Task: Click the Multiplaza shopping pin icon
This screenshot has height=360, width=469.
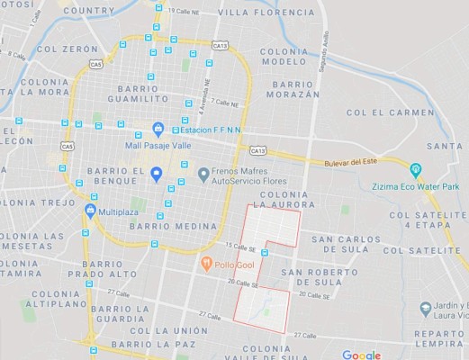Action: [90, 210]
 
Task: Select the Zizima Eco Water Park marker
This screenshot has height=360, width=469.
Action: [416, 170]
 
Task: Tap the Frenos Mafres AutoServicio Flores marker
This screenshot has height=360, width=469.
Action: [203, 174]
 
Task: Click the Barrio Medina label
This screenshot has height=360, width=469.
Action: [167, 227]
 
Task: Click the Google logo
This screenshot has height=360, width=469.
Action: [361, 355]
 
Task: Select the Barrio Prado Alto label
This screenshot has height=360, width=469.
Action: [102, 267]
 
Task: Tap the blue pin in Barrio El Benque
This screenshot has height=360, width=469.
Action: [156, 174]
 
